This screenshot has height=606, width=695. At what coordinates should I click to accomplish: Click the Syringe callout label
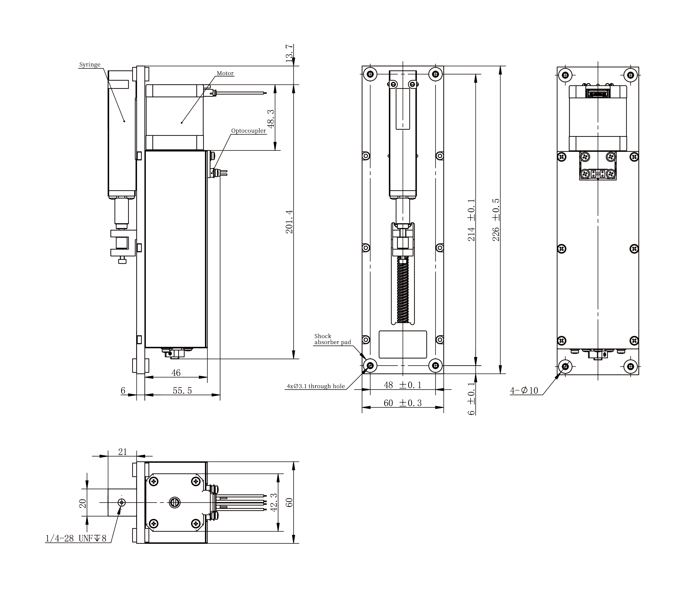click(90, 65)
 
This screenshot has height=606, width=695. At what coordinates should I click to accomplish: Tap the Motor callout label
click(225, 73)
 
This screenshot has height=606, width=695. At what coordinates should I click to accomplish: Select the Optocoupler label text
click(248, 131)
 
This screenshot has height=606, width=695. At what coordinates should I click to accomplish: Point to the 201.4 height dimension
click(289, 222)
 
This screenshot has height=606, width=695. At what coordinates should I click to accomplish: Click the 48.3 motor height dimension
click(271, 118)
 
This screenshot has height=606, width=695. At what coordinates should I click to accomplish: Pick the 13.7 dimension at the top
click(289, 53)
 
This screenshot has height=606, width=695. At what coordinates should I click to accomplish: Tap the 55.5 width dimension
click(182, 391)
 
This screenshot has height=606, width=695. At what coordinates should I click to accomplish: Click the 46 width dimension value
click(176, 373)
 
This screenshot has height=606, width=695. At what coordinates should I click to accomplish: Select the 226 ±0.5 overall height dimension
click(496, 220)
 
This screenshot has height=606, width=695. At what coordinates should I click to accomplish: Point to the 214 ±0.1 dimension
click(471, 220)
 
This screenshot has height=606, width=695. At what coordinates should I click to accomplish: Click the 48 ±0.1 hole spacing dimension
click(402, 385)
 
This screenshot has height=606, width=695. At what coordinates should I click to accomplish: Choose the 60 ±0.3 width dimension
click(402, 403)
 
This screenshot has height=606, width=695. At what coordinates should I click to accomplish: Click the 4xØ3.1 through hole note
click(316, 386)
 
